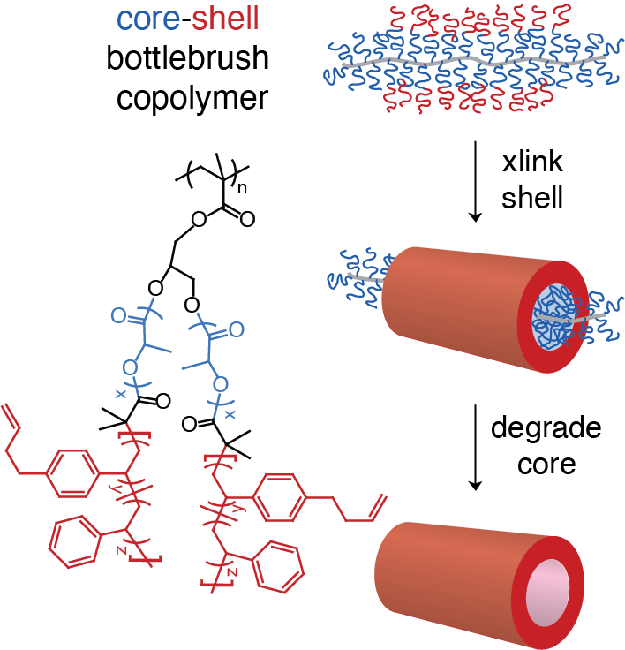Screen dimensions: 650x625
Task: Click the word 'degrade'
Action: (x=546, y=430)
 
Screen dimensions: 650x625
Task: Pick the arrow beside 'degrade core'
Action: (x=476, y=446)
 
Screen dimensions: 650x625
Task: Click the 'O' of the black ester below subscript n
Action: (x=198, y=217)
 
